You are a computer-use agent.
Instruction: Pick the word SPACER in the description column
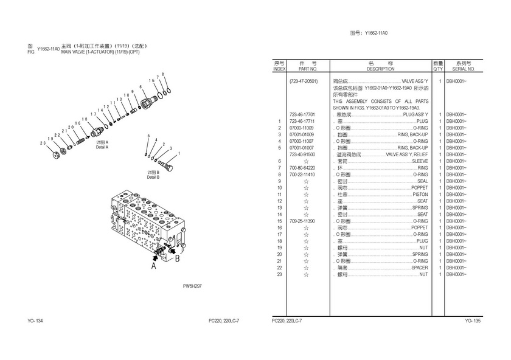(x=419, y=268)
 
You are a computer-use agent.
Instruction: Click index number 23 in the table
(x=279, y=275)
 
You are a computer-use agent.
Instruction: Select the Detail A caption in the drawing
(x=102, y=145)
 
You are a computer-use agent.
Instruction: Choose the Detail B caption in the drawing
(x=153, y=175)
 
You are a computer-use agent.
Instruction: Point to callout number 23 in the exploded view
(x=43, y=143)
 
